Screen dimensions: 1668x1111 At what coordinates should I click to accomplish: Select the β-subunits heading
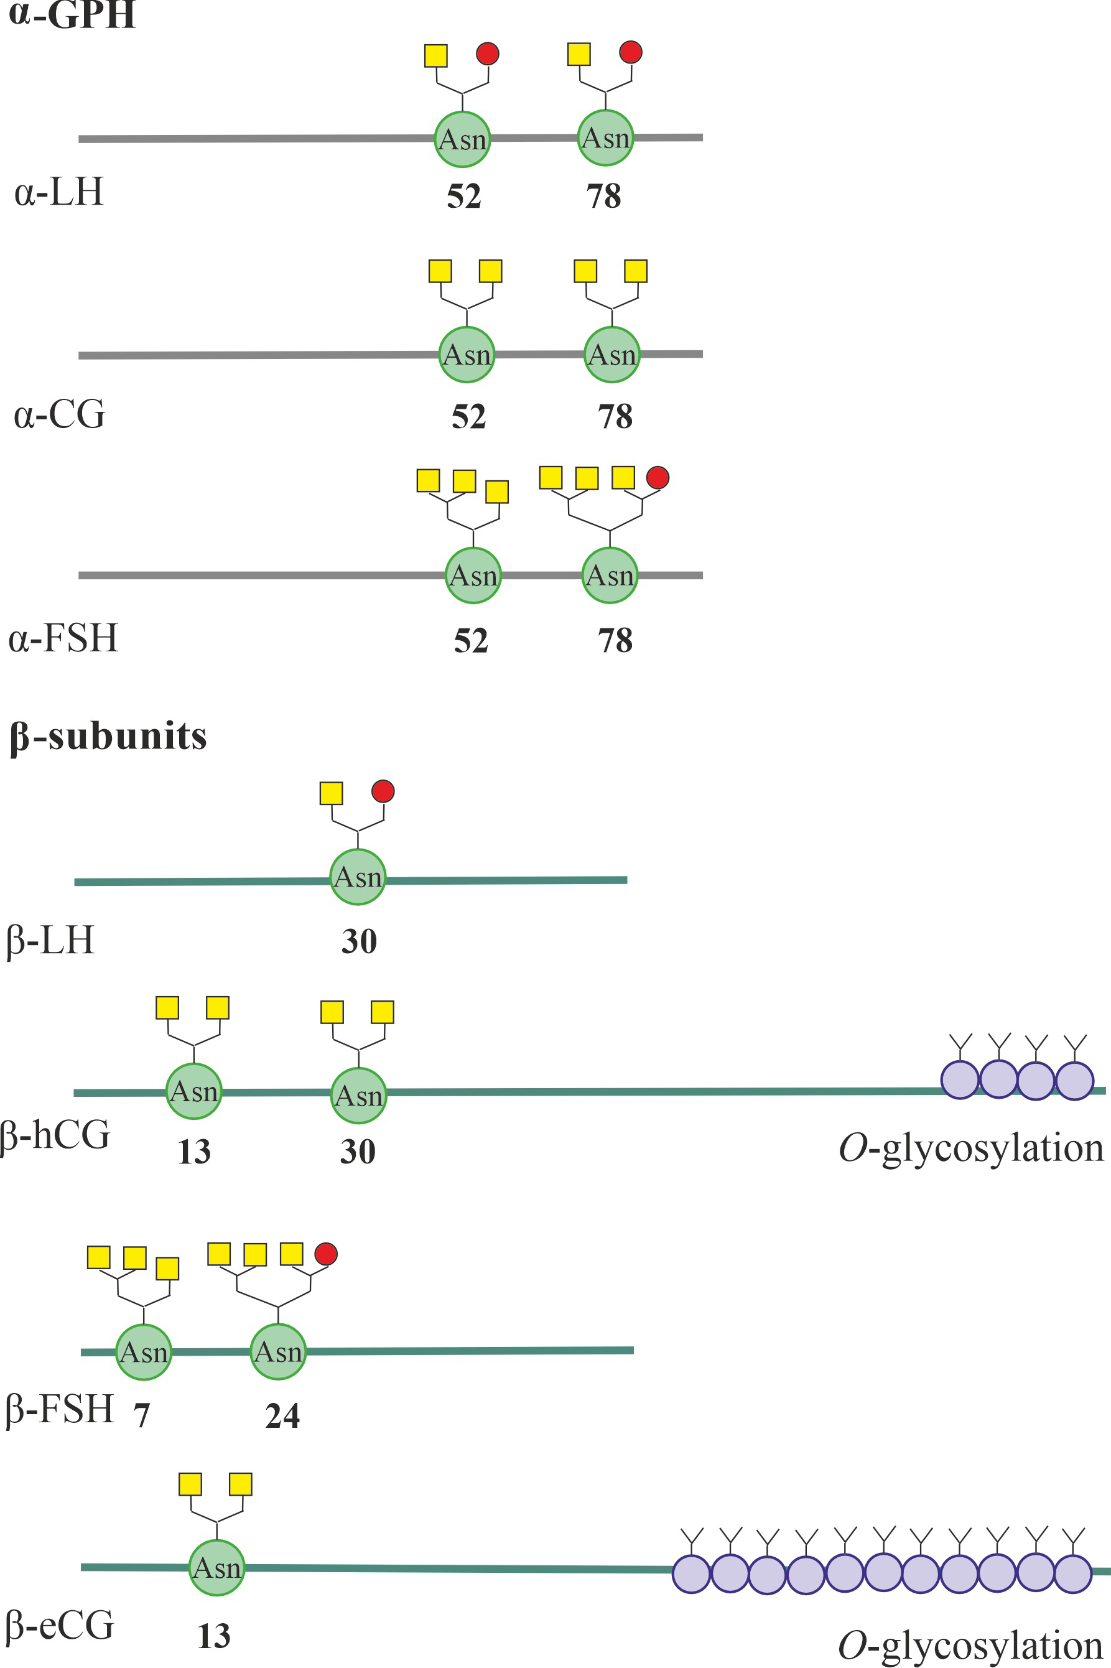pos(108,736)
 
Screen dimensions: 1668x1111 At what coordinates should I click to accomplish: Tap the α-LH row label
pos(60,192)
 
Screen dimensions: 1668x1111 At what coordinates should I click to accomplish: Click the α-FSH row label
pos(63,638)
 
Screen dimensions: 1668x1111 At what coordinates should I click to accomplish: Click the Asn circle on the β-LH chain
pos(358,877)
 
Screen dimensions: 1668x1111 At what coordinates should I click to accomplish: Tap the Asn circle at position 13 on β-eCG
pos(217,1567)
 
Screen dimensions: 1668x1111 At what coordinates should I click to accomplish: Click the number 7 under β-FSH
pos(142,1416)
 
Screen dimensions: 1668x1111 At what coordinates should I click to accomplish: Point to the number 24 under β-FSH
pos(282,1416)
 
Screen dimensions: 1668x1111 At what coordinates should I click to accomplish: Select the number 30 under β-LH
pos(358,941)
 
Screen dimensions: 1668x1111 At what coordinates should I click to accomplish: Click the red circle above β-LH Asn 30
pos(383,791)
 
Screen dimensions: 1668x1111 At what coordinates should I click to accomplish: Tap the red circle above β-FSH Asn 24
pos(326,1254)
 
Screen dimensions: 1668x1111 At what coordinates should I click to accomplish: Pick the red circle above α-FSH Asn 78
pos(658,478)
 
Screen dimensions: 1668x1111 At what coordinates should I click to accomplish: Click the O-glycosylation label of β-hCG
pos(970,1148)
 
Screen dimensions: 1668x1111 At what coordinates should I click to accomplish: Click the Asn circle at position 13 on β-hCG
pos(194,1091)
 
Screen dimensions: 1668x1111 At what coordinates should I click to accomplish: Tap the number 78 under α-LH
pos(603,196)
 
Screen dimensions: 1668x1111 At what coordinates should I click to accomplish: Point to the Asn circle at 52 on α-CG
pos(467,354)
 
